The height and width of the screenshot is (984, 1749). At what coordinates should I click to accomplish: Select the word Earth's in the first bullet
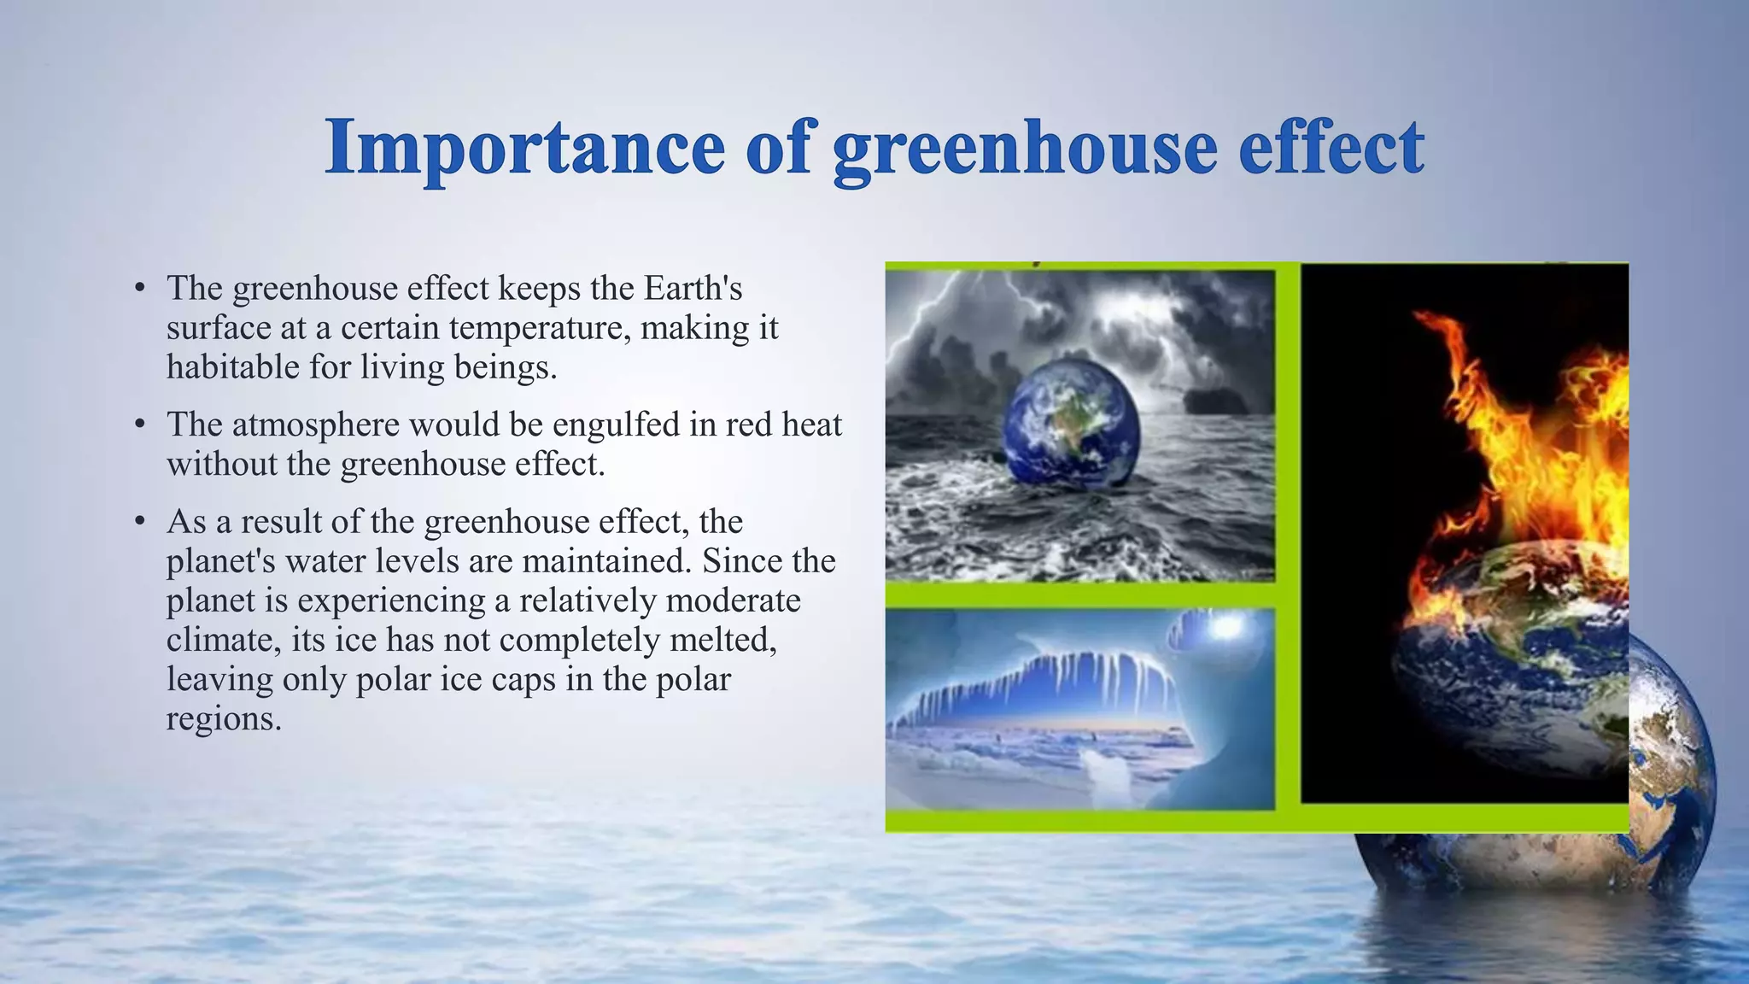[693, 289]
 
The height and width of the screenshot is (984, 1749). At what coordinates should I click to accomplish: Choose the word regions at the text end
[223, 718]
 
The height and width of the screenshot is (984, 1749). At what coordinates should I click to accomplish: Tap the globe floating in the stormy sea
[1071, 422]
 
